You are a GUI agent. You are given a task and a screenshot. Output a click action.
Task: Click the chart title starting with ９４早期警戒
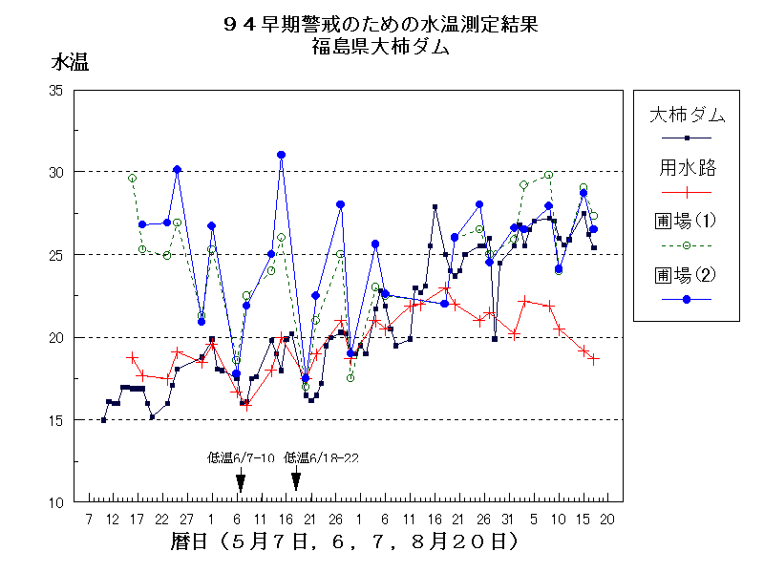pyautogui.click(x=380, y=25)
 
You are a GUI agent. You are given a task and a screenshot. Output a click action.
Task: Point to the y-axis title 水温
pyautogui.click(x=70, y=64)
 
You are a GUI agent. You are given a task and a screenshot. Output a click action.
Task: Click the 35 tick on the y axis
pyautogui.click(x=55, y=90)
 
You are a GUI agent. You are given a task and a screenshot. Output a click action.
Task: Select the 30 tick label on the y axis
pyautogui.click(x=55, y=172)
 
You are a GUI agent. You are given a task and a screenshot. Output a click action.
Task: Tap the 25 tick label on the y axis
pyautogui.click(x=55, y=255)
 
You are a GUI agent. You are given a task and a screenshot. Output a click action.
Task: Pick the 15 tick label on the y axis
pyautogui.click(x=55, y=420)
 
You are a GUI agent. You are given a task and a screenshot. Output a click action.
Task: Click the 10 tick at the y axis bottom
pyautogui.click(x=55, y=502)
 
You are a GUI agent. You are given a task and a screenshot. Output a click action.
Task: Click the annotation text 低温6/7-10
pyautogui.click(x=242, y=457)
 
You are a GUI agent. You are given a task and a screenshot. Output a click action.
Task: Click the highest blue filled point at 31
pyautogui.click(x=282, y=155)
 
